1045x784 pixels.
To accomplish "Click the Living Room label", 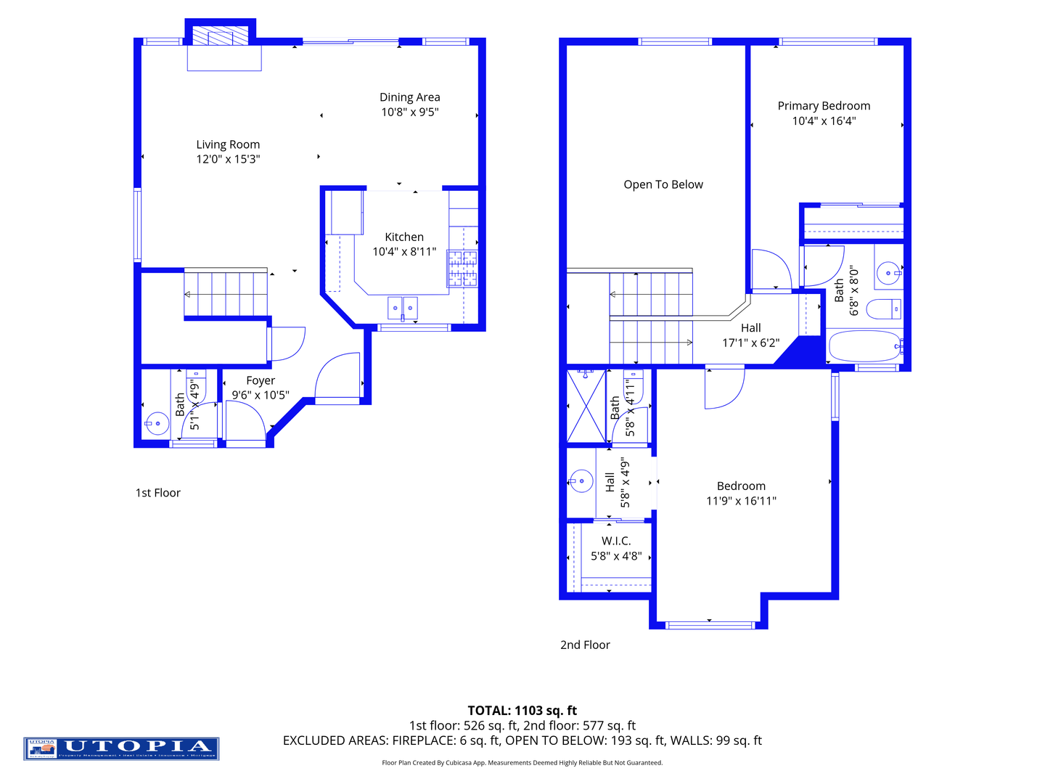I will point(228,144).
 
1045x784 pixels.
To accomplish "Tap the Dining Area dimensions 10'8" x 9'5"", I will point(410,112).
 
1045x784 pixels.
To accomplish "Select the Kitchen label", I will point(404,237).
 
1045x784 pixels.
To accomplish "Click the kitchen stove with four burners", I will point(462,268).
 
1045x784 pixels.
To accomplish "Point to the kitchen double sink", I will point(403,308).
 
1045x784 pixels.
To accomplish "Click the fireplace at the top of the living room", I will point(224,39).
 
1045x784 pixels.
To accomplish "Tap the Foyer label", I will point(261,380).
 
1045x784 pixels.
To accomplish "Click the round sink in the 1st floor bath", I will point(157,423).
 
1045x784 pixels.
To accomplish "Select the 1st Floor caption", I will point(157,493).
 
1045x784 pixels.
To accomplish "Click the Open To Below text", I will point(663,184).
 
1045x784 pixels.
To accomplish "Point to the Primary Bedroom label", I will point(824,106).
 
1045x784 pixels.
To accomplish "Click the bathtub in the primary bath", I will point(864,346).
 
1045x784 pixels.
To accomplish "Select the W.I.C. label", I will point(616,541).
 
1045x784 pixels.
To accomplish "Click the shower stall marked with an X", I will point(586,407).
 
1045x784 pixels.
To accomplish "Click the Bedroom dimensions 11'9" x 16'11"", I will point(741,501).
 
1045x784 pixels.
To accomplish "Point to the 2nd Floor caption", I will point(585,645).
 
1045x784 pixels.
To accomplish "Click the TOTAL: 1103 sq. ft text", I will point(522,711).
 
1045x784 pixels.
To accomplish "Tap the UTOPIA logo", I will point(121,748).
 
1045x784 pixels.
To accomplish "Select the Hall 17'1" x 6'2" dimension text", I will point(750,343).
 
